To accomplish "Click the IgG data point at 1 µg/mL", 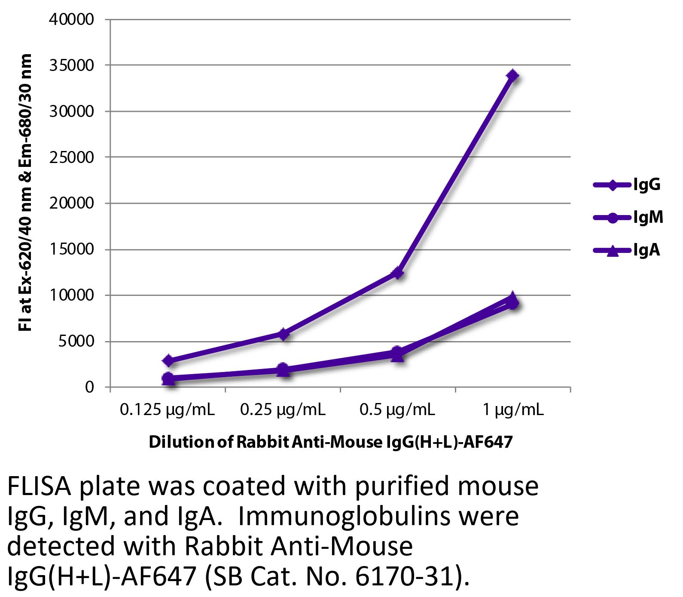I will pos(512,76).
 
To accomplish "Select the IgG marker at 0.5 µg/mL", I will pos(398,273).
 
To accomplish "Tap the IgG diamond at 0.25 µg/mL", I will pos(283,334).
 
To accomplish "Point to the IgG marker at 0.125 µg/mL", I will pos(168,360).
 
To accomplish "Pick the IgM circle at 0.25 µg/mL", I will pos(283,369).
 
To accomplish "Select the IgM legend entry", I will pos(627,218).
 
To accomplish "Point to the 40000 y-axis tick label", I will pos(72,20).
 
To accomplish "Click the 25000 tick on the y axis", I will pos(72,157).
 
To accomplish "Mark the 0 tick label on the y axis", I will pos(89,388).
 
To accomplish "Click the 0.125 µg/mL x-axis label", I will pos(168,410).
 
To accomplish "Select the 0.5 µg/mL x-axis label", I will pos(397,410).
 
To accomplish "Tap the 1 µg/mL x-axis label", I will pos(513,410).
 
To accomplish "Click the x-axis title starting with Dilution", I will pos(331,442).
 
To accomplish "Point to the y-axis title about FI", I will pos(26,193).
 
